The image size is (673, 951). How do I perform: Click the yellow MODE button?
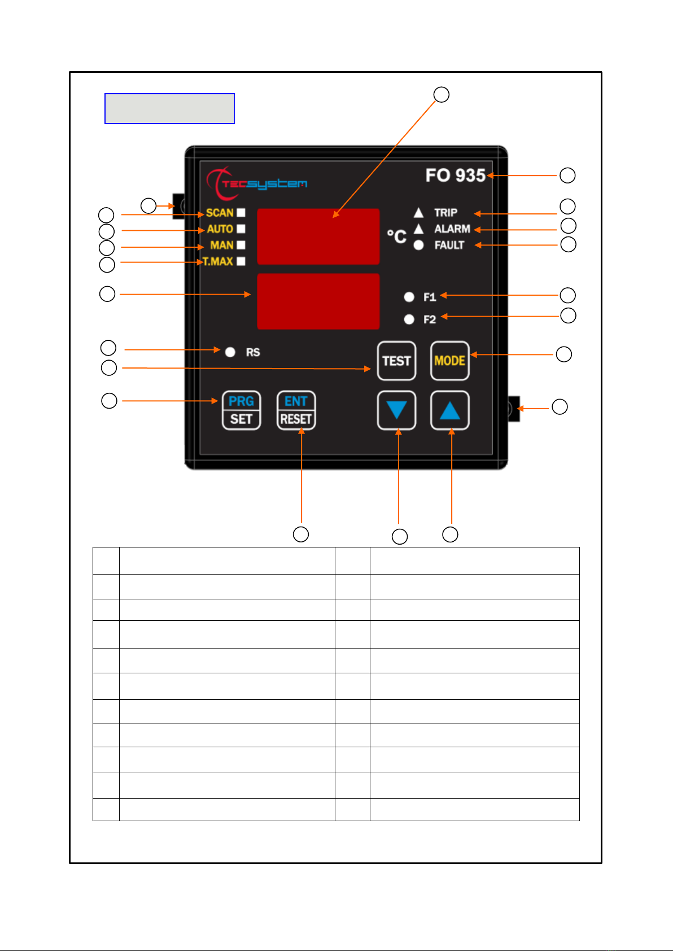coord(450,361)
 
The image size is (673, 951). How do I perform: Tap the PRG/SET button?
coord(241,410)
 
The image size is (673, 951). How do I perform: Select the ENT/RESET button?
coord(296,410)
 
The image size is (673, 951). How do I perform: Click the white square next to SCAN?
coord(241,213)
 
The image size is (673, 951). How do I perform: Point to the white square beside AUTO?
coord(241,229)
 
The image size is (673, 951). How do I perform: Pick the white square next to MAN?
coord(241,245)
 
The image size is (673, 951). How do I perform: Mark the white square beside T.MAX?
coord(241,261)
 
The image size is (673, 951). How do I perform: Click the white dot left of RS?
coord(230,352)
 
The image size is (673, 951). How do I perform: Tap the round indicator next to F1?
coord(409,297)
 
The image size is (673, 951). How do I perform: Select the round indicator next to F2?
coord(409,319)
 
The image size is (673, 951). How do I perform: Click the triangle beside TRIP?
coord(418,213)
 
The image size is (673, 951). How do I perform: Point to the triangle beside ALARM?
coord(418,229)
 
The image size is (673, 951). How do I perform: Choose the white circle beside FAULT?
coord(418,245)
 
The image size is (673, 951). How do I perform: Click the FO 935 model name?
coord(455,176)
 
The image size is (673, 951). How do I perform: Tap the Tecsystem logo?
coord(257,183)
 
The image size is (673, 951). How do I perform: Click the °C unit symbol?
coord(396,236)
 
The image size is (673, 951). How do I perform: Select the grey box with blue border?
coord(169,108)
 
